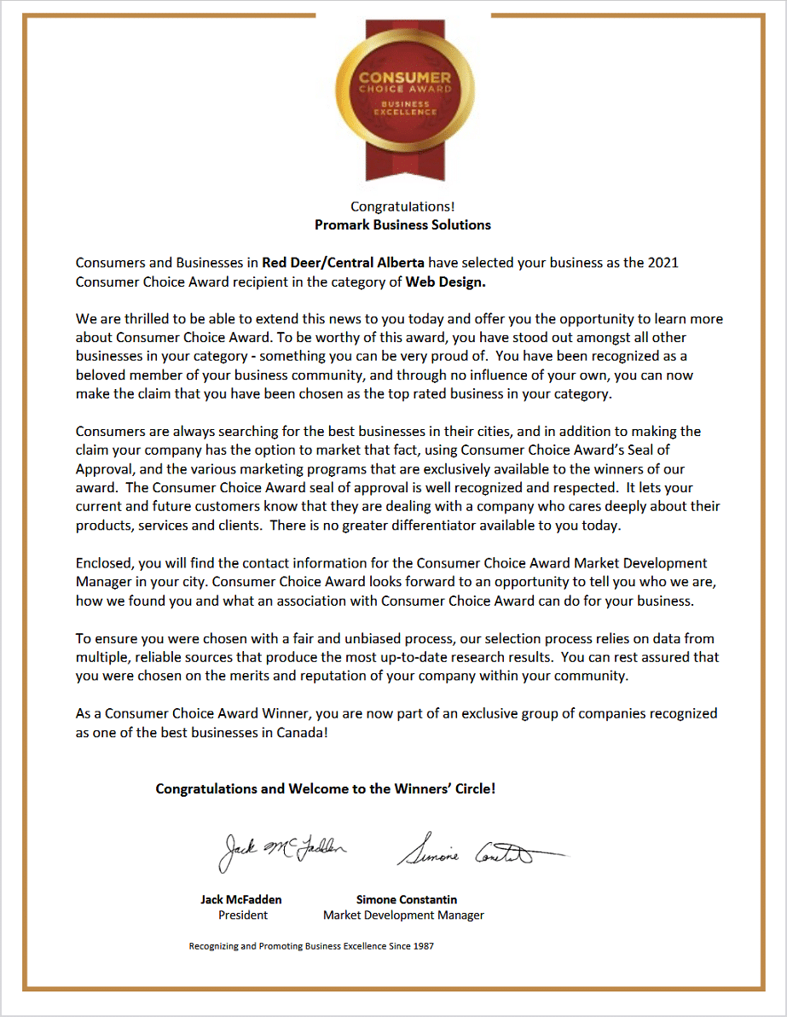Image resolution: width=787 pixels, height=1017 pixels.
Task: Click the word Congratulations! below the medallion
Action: [x=402, y=206]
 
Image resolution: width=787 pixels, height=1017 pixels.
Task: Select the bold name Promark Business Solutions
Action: [x=402, y=225]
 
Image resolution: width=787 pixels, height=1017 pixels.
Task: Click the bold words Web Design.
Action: [x=445, y=281]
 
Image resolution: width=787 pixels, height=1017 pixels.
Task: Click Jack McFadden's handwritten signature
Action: [x=282, y=849]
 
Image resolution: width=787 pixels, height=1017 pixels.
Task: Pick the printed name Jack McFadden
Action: [x=241, y=899]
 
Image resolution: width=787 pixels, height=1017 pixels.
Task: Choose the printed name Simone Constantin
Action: [x=406, y=899]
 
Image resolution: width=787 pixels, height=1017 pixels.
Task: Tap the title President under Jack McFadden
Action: [x=243, y=915]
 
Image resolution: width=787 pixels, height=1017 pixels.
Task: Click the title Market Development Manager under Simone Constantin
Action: [x=403, y=915]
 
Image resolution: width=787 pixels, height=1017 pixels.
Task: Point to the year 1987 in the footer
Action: [x=422, y=946]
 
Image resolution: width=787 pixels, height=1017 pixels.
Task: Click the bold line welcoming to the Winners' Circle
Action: [x=325, y=789]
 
